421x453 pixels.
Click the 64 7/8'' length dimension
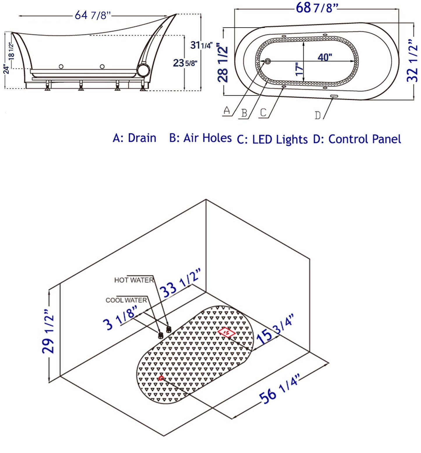point(93,15)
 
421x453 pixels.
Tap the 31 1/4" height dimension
point(201,45)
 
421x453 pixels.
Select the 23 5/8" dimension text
point(185,63)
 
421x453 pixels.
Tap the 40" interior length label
point(325,57)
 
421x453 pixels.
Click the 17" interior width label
point(299,69)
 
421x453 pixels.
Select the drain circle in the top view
point(267,61)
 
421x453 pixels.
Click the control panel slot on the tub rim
point(334,96)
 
